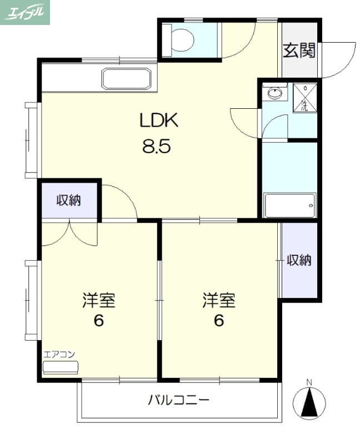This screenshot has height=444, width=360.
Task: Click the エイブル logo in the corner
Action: pyautogui.click(x=26, y=12)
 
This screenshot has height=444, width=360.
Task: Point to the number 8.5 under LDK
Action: pyautogui.click(x=157, y=147)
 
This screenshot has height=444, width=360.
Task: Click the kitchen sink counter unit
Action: pyautogui.click(x=126, y=79)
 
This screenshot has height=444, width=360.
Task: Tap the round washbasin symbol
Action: pyautogui.click(x=274, y=93)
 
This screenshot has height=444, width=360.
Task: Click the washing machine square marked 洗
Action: pyautogui.click(x=304, y=98)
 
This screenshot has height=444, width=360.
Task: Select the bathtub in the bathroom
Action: pyautogui.click(x=289, y=206)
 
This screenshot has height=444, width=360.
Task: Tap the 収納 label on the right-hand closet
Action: pyautogui.click(x=299, y=260)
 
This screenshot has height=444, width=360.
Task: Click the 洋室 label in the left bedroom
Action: pyautogui.click(x=99, y=301)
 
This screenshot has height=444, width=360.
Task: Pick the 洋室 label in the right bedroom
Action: pyautogui.click(x=219, y=301)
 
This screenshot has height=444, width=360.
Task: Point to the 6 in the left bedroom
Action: pyautogui.click(x=99, y=321)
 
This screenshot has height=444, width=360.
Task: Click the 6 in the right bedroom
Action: pyautogui.click(x=219, y=321)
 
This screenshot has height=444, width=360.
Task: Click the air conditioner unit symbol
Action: pyautogui.click(x=61, y=367)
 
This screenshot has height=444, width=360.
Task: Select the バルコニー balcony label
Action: pyautogui.click(x=179, y=400)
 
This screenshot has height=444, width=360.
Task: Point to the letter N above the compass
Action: pyautogui.click(x=310, y=382)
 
